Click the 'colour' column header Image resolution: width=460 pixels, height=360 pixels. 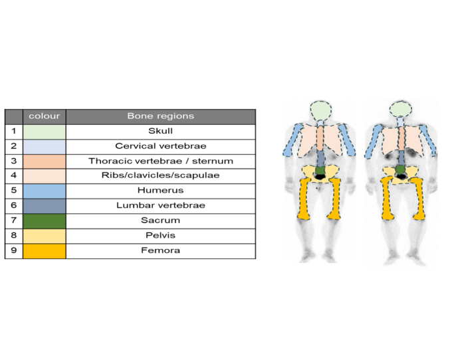[45, 116]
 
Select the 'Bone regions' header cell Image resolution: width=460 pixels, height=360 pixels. [160, 116]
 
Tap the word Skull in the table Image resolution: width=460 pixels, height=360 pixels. [160, 131]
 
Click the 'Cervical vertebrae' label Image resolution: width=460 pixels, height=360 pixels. [160, 146]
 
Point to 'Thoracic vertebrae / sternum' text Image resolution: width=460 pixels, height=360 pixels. [161, 161]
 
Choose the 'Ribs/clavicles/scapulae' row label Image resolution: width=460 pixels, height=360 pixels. [160, 175]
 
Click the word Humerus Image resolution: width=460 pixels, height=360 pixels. [160, 190]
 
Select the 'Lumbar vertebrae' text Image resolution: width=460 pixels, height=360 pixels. [160, 205]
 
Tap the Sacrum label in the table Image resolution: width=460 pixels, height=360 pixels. [160, 220]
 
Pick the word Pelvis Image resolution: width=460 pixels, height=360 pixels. [160, 235]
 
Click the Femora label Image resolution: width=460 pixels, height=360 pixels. [160, 250]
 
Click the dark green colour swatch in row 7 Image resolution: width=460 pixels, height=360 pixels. [45, 221]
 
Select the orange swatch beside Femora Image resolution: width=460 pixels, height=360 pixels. [45, 251]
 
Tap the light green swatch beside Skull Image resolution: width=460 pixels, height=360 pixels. [45, 132]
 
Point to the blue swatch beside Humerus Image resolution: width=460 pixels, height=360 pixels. [45, 191]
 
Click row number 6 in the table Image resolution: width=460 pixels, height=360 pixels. [14, 205]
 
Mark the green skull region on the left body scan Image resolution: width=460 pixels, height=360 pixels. [320, 111]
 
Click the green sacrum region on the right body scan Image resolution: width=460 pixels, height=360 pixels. [400, 170]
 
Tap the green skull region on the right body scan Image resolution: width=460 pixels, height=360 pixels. [400, 109]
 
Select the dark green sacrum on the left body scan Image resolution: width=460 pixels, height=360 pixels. [320, 171]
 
